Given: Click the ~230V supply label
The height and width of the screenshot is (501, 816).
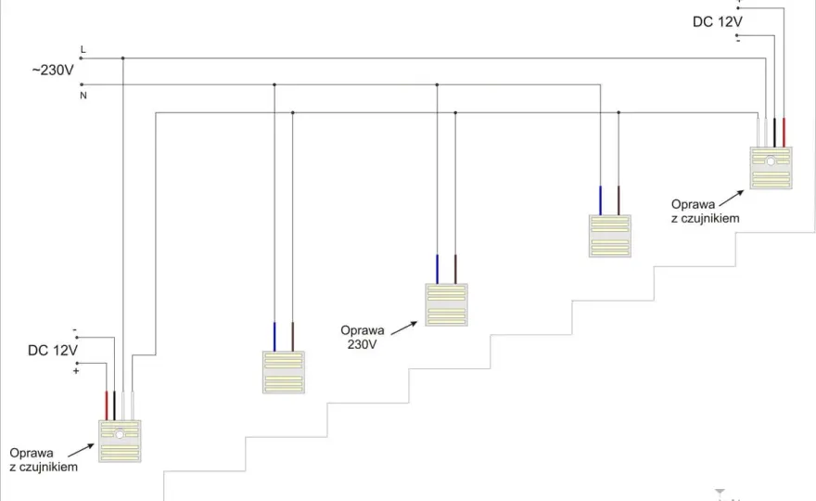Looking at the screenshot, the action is [53, 70].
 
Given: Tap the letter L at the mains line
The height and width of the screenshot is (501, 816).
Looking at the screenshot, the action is [83, 49].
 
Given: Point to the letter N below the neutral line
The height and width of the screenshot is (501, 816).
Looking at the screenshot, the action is [83, 96].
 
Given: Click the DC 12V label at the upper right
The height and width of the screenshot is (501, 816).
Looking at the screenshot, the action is [717, 22].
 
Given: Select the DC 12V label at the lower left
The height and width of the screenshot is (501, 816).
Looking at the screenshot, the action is [53, 350].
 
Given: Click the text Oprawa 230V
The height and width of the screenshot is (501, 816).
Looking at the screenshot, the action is [363, 337].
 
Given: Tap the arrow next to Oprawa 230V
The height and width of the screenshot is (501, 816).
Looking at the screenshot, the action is [404, 328].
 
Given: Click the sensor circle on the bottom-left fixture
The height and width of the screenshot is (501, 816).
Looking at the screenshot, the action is [120, 434].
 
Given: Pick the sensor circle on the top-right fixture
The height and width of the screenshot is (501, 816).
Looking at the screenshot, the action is [771, 161].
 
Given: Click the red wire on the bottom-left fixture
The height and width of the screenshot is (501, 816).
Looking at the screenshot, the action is [106, 405].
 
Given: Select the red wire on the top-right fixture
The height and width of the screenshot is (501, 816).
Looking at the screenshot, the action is [784, 133].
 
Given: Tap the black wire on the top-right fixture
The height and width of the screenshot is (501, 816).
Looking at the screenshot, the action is [774, 133].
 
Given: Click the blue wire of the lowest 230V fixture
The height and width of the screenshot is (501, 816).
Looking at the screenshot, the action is [274, 337].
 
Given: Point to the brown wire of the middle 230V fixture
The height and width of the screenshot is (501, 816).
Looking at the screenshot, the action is [455, 269].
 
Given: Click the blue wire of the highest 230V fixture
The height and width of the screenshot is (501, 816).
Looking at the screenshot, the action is [600, 200].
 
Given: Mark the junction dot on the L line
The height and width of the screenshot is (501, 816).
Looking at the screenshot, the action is [122, 58].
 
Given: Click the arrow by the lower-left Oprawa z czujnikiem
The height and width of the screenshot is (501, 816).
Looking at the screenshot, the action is [81, 451].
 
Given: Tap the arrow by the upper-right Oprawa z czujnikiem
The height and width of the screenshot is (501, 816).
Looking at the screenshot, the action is [732, 198].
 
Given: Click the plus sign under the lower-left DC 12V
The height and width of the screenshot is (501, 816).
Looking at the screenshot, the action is [76, 371].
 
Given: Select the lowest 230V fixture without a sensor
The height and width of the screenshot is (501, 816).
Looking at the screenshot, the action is [284, 372].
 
